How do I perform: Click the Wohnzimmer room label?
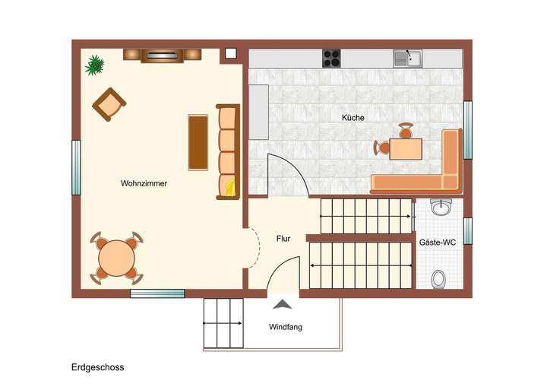[x=144, y=183]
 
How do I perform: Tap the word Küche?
[x=353, y=118]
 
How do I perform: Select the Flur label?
[x=283, y=239]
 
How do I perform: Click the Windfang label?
[x=286, y=328]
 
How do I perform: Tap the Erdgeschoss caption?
[x=98, y=367]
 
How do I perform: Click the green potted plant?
[x=95, y=65]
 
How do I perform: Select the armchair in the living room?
[x=109, y=103]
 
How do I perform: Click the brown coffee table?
[x=198, y=142]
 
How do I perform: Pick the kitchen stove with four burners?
[x=331, y=58]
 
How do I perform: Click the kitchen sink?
[x=407, y=58]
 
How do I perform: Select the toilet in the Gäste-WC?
[x=438, y=280]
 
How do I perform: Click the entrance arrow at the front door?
[x=283, y=305]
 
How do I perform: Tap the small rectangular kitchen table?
[x=406, y=148]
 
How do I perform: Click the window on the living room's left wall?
[x=76, y=167]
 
